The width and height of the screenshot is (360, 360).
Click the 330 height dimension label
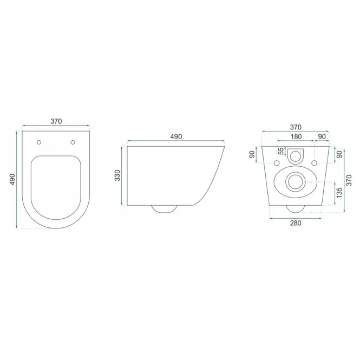[117, 175]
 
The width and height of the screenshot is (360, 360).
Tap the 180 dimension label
[296, 136]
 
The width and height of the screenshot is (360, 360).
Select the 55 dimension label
[281, 151]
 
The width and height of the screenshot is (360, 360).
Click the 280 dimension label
[296, 223]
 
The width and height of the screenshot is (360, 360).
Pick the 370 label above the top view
[56, 121]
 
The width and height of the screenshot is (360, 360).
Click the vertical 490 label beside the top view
[12, 180]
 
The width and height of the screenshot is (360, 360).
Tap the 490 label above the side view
[176, 136]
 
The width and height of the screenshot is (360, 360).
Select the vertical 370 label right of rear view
[349, 180]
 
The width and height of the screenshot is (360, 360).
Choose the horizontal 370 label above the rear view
[296, 127]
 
